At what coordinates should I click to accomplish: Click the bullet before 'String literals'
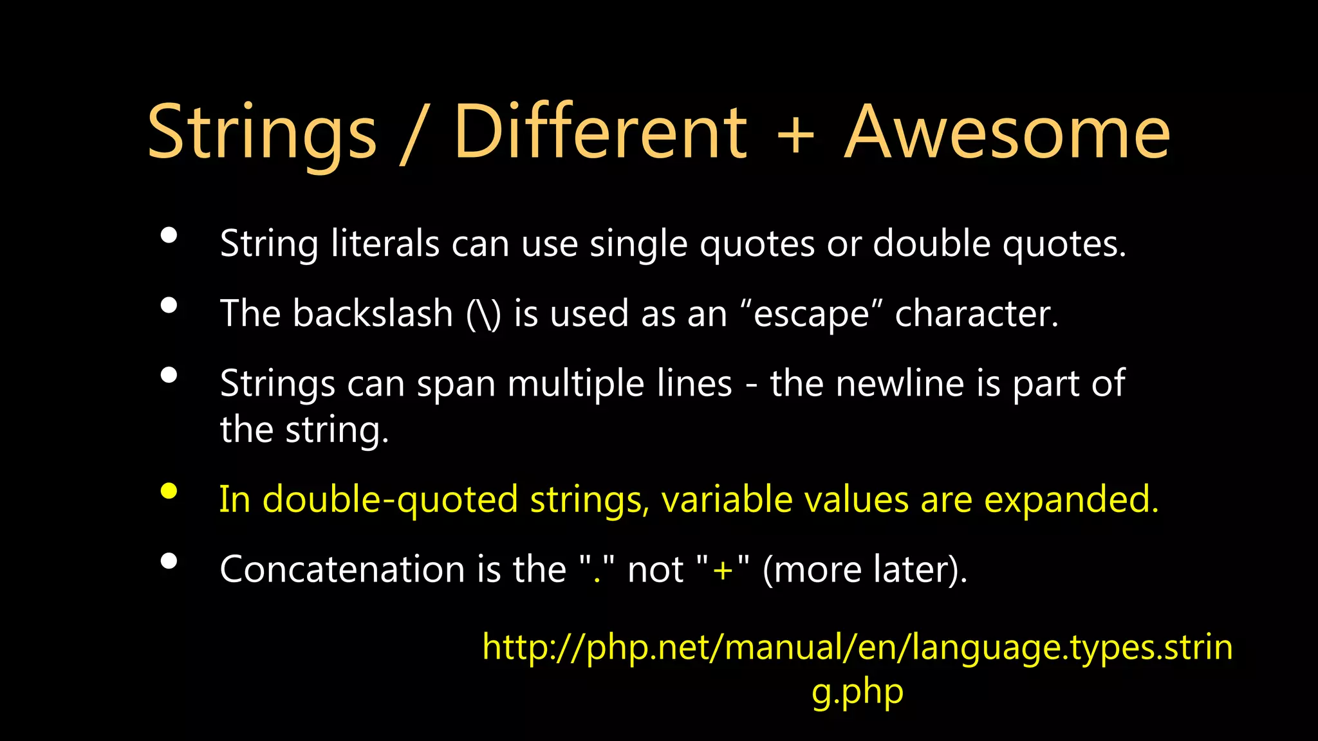pos(169,235)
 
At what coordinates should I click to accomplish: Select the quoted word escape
pos(811,315)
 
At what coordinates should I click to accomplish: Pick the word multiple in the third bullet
pos(575,385)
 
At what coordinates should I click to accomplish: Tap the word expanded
pos(1071,500)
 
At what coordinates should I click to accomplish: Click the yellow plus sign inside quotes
pos(723,571)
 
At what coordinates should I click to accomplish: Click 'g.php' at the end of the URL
pos(857,692)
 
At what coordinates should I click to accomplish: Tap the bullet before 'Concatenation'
pos(169,562)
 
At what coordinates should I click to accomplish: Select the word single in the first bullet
pos(638,244)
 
